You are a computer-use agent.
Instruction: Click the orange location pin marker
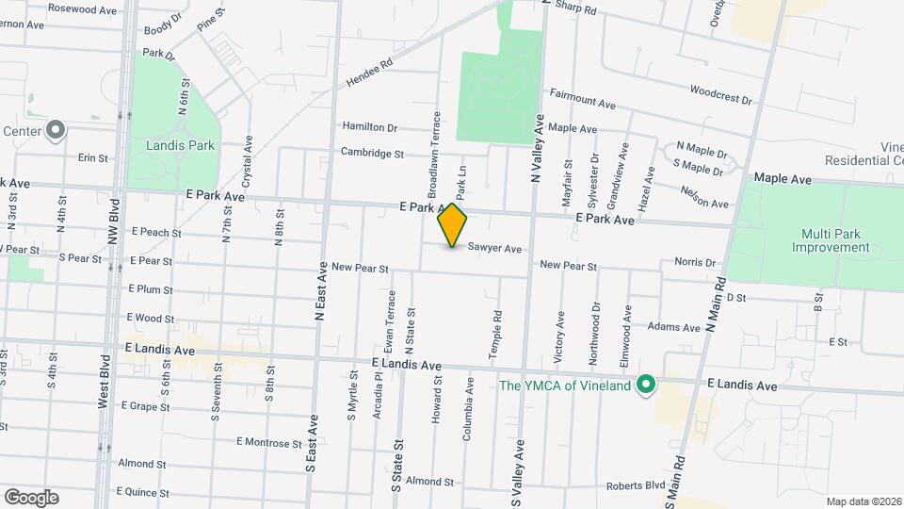[x=453, y=225]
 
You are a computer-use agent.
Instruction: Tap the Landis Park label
[x=181, y=146]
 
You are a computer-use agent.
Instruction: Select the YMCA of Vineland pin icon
[x=646, y=385]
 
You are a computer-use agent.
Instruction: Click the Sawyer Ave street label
[x=494, y=249]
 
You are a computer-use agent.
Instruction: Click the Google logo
[x=31, y=497]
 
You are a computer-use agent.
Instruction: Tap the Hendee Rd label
[x=369, y=74]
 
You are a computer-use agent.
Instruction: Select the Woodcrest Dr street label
[x=720, y=95]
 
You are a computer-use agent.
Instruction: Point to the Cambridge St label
[x=372, y=153]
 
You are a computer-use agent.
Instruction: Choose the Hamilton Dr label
[x=370, y=127]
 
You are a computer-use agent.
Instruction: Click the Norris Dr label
[x=695, y=262]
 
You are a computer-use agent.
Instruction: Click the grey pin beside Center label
[x=56, y=130]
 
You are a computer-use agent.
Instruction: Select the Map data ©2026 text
[x=863, y=501]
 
